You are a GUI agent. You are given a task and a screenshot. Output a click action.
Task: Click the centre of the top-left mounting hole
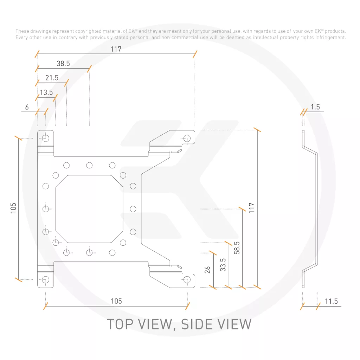[46, 138]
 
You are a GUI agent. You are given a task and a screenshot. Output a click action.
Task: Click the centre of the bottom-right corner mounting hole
[187, 279]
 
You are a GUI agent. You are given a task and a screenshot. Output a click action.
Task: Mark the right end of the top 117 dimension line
[195, 54]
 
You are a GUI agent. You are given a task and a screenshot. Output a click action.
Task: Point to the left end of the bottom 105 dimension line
[46, 306]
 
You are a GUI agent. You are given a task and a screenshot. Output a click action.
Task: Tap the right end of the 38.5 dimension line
[89, 69]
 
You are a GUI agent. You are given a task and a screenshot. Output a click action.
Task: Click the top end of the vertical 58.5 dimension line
[243, 209]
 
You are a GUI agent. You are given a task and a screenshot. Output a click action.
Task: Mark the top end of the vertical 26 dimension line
[213, 253]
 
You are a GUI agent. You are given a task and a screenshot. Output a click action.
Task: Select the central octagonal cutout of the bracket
[89, 209]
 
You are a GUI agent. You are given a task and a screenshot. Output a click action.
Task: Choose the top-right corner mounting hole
[187, 139]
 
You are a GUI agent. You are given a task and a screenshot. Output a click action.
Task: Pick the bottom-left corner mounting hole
[46, 279]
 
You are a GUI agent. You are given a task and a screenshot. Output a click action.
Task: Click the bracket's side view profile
[310, 209]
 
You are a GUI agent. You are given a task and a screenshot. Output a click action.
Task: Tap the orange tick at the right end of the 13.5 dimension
[55, 98]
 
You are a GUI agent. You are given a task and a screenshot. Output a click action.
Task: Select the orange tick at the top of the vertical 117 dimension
[257, 130]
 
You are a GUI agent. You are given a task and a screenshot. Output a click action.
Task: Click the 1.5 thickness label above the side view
[315, 107]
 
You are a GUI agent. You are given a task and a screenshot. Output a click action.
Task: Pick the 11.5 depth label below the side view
[331, 301]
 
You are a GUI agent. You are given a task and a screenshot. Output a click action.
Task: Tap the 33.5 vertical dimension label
[223, 265]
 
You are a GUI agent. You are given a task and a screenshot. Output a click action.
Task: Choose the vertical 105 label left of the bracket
[13, 208]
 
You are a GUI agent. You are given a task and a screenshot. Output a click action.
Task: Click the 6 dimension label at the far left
[27, 107]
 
